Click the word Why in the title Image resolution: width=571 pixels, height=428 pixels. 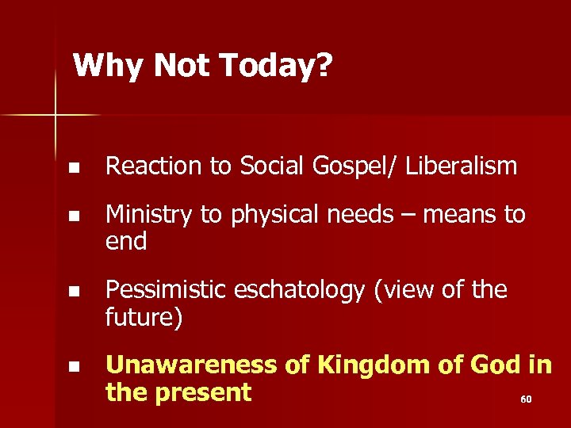point(103,66)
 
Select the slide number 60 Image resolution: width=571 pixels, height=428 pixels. point(525,399)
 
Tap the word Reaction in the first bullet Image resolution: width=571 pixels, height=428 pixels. point(150,166)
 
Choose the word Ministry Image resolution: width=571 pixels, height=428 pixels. point(150,214)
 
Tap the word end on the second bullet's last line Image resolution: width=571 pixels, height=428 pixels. point(126,241)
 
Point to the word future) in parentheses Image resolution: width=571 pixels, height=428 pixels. point(144,318)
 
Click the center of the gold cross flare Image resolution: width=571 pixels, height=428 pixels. point(56,116)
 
